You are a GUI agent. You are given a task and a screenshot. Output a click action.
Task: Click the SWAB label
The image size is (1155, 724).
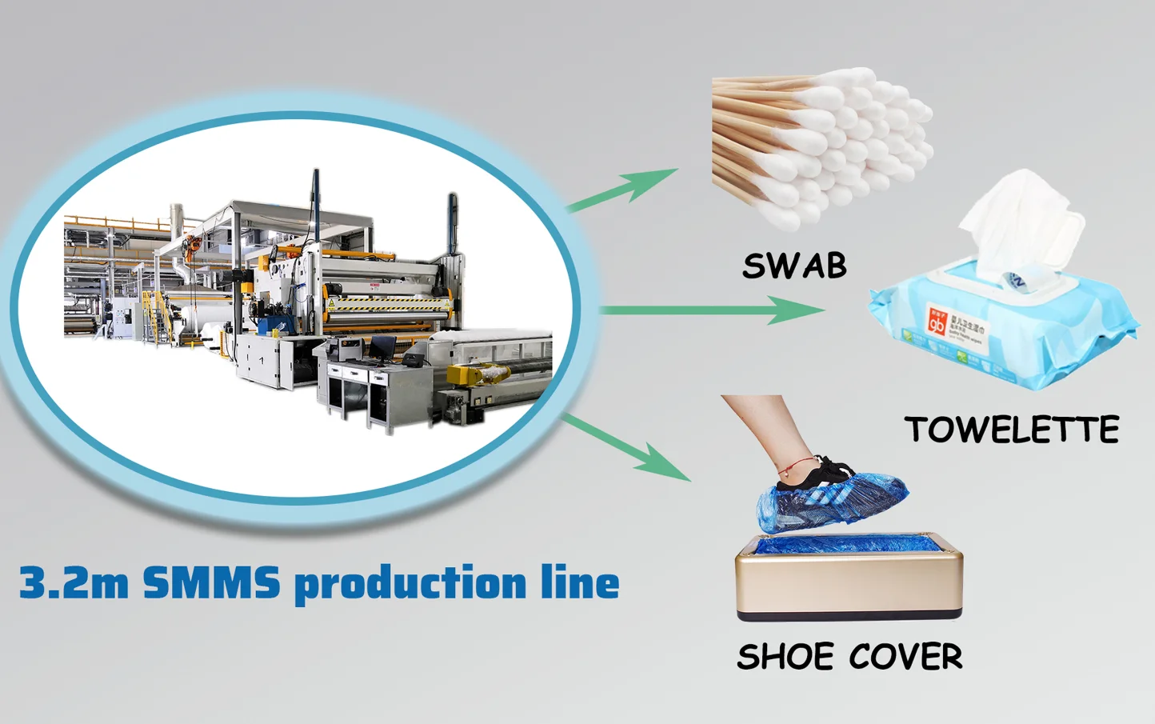pos(794,266)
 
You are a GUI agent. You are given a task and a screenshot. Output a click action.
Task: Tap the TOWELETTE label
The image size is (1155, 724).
pos(1012,430)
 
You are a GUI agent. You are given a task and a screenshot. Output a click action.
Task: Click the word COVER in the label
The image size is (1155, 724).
pos(905,658)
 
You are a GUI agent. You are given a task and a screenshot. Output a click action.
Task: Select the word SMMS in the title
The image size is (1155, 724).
pos(211,582)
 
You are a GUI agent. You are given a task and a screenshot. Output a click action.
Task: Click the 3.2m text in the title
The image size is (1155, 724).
pos(73,582)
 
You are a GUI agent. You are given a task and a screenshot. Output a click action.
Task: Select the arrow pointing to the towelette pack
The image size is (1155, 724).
pos(712,310)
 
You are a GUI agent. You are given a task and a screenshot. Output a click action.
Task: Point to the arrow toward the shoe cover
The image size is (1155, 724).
pos(628,448)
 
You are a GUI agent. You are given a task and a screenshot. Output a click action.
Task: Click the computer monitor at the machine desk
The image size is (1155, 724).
pos(382,347)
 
